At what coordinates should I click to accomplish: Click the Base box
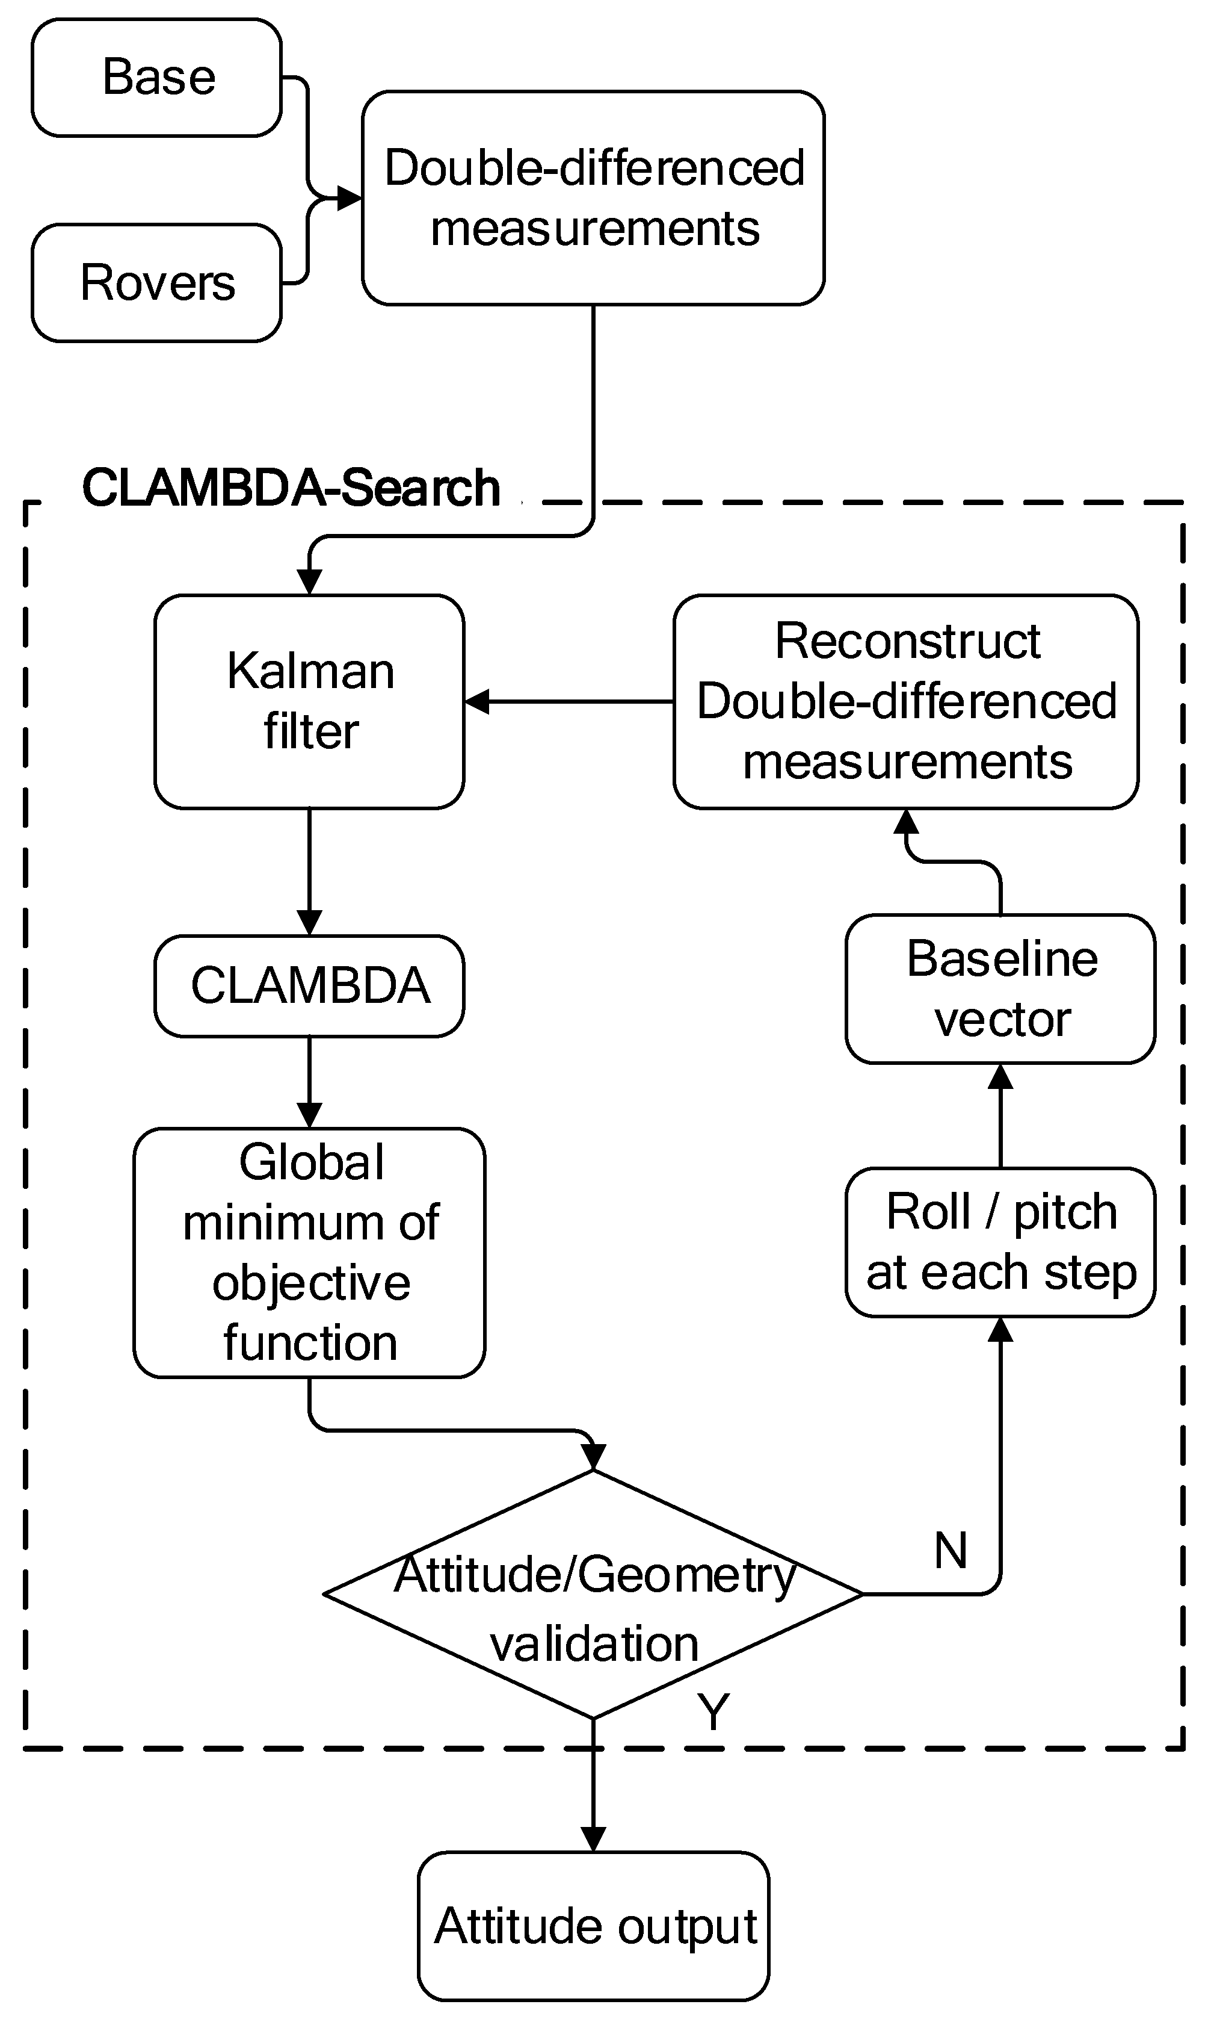pyautogui.click(x=156, y=78)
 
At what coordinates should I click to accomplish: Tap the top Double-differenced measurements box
pyautogui.click(x=593, y=198)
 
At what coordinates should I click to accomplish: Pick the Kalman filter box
pyautogui.click(x=309, y=701)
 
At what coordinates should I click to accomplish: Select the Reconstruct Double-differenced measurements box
pyautogui.click(x=906, y=701)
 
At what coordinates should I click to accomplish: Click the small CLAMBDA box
pyautogui.click(x=309, y=985)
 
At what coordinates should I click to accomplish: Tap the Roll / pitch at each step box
pyautogui.click(x=1000, y=1242)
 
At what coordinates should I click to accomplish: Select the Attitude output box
pyautogui.click(x=593, y=1926)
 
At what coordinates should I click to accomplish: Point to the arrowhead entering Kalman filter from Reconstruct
pyautogui.click(x=478, y=701)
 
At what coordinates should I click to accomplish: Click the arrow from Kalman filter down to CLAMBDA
pyautogui.click(x=309, y=871)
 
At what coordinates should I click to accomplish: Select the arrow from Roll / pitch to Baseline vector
pyautogui.click(x=1000, y=1115)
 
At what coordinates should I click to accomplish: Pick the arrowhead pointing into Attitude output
pyautogui.click(x=593, y=1839)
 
